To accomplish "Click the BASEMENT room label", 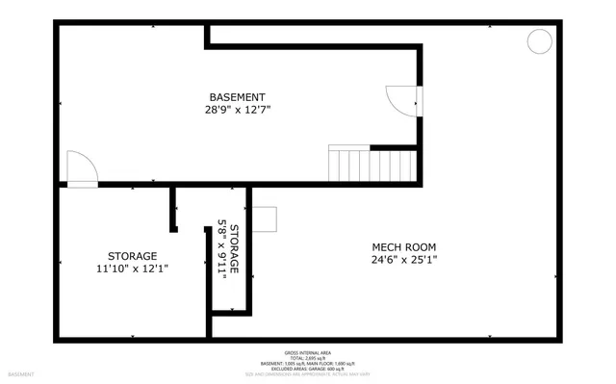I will pos(236,97).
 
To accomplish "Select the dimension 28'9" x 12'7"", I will pos(237,110).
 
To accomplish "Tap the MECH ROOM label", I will pos(404,245).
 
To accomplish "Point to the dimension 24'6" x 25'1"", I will pos(404,258).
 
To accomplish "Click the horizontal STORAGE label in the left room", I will pos(132,256).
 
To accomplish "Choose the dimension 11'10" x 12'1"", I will pos(132,269).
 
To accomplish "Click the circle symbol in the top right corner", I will pos(539,41).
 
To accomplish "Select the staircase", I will pos(372,164).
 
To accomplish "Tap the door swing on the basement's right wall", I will pos(403,99).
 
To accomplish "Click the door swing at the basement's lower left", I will pos(81,167).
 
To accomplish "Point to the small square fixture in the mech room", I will pos(265,219).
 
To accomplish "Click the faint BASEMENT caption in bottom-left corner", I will pos(21,373).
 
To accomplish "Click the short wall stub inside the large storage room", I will pos(174,209).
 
